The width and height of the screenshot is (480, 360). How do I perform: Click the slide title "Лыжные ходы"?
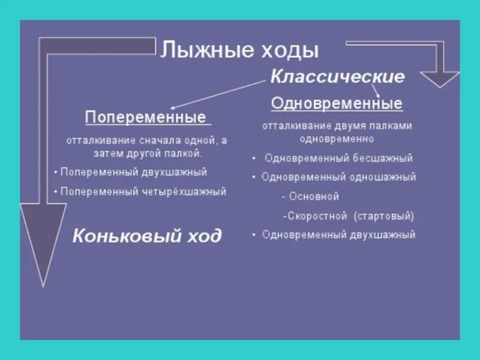point(238,50)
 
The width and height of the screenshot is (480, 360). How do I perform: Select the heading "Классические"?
point(337,77)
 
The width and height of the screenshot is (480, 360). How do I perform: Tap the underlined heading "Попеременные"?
point(145,116)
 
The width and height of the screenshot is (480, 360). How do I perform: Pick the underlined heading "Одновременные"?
point(337,103)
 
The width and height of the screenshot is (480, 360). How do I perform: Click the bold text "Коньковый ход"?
point(147,236)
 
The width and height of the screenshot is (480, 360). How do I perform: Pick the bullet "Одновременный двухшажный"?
point(339,235)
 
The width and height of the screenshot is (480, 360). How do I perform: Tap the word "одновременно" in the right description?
point(337,139)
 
